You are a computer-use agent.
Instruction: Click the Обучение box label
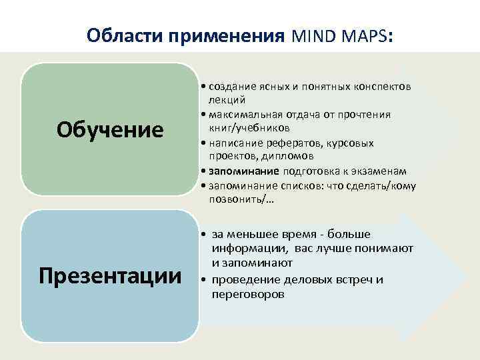[110, 129]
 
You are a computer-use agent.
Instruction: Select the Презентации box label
[110, 275]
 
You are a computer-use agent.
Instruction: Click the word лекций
[227, 100]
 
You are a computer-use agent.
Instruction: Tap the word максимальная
[247, 115]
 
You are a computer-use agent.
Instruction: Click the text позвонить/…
[236, 199]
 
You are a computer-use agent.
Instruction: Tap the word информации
[248, 249]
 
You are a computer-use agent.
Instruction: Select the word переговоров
[247, 293]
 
